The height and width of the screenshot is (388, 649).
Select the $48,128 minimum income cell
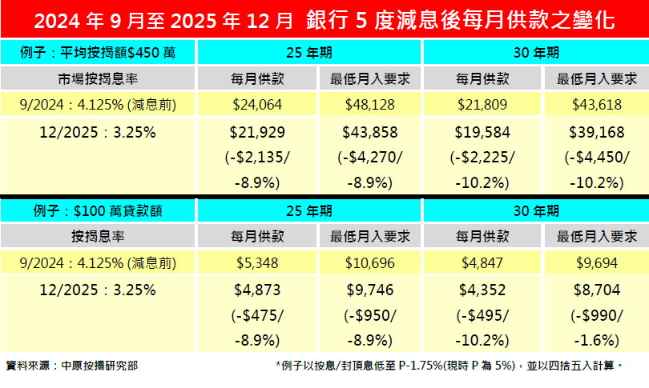click(370, 104)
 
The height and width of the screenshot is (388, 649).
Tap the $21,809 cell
click(482, 104)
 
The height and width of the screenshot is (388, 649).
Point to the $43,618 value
click(596, 104)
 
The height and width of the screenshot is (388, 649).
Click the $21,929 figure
click(256, 131)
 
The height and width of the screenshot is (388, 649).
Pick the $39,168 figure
click(596, 131)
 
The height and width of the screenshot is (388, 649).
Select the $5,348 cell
click(256, 262)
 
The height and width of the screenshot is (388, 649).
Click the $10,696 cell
click(370, 262)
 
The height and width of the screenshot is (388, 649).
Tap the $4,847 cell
click(482, 262)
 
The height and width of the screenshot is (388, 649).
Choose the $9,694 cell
click(596, 262)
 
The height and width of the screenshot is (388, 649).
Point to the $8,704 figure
click(596, 289)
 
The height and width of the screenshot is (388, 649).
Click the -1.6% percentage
click(596, 338)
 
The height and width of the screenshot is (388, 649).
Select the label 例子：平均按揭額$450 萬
click(98, 54)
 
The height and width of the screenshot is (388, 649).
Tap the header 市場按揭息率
click(98, 78)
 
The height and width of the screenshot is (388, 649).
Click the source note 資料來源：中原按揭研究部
click(71, 366)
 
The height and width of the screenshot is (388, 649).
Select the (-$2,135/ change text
click(256, 156)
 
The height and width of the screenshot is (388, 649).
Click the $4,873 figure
click(256, 289)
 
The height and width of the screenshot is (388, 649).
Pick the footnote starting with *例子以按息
click(449, 366)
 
